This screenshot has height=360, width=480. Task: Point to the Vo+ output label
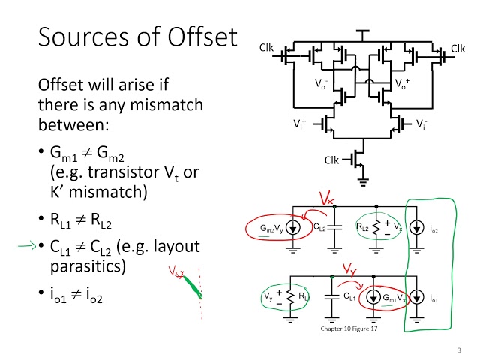click(x=403, y=84)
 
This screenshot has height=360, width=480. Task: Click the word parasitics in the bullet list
click(x=84, y=266)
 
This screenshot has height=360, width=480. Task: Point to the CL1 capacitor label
click(x=349, y=298)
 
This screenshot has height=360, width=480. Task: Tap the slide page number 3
click(x=457, y=350)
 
